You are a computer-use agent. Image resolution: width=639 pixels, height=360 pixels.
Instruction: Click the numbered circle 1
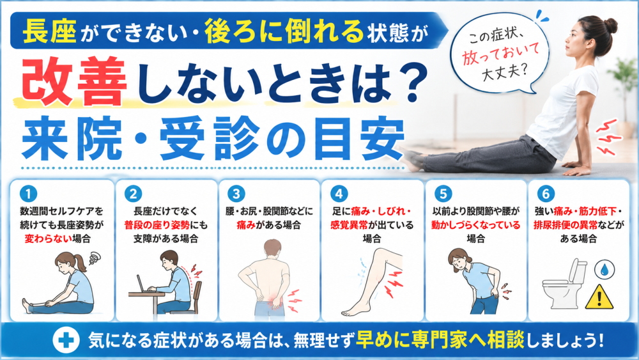[x=28, y=194]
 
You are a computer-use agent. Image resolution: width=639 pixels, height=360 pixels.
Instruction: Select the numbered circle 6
[x=546, y=194]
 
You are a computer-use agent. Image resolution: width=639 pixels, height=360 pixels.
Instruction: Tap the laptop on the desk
[x=143, y=284]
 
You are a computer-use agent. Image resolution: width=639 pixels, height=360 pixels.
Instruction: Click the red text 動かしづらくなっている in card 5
[x=475, y=224]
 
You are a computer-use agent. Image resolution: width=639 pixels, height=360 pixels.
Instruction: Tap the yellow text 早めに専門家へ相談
[x=440, y=340]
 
